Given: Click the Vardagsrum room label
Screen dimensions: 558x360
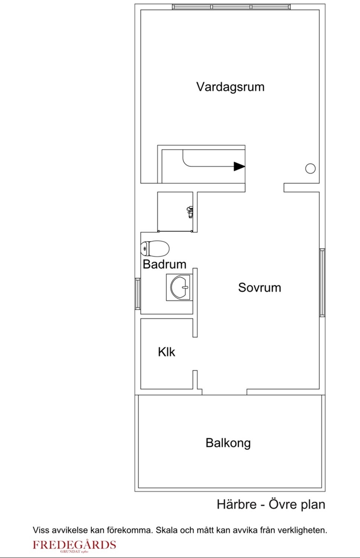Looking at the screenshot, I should click(230, 87).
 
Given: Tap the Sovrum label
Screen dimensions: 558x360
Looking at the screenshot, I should click(259, 288).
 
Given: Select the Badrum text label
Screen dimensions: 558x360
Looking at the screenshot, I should click(164, 264).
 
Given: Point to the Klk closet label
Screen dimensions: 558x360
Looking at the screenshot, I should click(166, 352).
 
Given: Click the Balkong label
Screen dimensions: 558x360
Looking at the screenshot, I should click(228, 443).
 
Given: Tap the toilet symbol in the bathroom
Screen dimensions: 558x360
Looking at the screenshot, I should click(155, 248).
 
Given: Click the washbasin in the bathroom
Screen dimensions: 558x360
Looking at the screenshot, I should click(180, 288).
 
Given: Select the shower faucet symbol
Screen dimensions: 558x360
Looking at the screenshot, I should click(190, 212).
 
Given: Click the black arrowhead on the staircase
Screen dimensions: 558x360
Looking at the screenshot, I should click(239, 166).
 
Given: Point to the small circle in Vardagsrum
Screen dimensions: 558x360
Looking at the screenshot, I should click(310, 169).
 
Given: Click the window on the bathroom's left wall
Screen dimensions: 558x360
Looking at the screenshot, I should click(138, 294).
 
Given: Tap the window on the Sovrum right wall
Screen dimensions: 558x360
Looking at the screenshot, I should click(322, 282).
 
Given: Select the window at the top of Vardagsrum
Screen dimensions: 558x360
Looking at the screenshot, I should click(231, 7).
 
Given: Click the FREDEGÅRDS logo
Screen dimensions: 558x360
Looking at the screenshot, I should click(74, 546).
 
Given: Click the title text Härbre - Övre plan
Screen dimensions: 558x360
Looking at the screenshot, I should click(271, 505).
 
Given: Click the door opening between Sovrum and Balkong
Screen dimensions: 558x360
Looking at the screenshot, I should click(224, 392).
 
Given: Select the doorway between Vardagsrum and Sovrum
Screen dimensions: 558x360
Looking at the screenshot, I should click(264, 187).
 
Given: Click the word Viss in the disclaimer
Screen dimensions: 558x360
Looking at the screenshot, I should click(41, 530).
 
